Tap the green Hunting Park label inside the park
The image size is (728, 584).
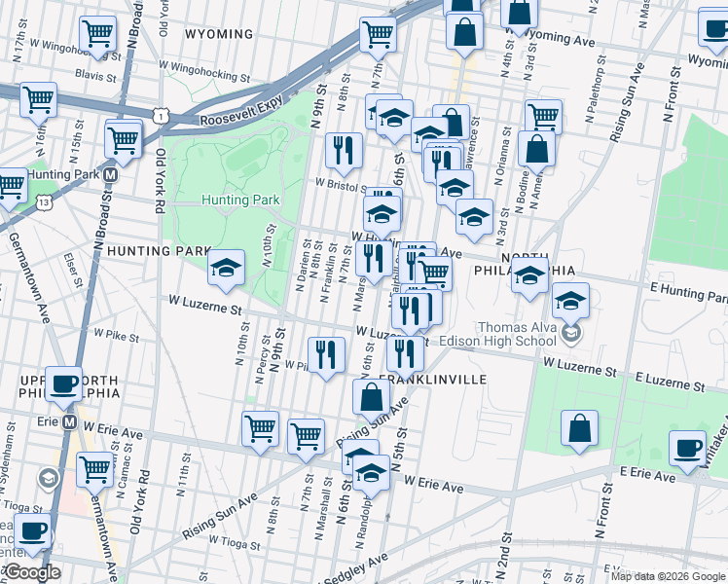point(240,200)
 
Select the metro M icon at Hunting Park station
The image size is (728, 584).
point(111,175)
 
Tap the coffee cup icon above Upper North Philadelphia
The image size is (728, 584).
point(65,383)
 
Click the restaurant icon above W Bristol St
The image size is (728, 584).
point(343,149)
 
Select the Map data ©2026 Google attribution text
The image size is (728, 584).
point(666,576)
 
